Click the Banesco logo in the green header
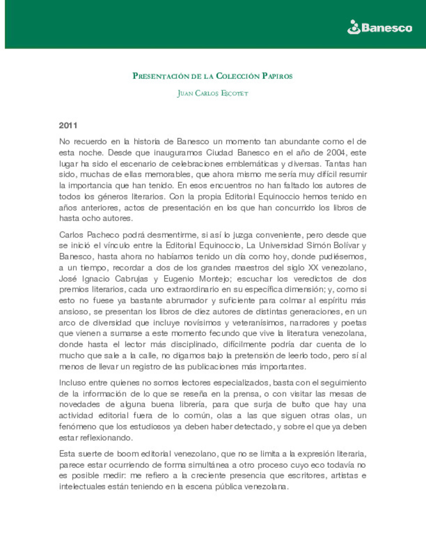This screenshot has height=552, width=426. click(379, 28)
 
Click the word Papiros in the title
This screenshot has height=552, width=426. click(277, 76)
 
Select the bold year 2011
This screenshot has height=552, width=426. click(68, 126)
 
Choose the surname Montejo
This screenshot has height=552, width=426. click(215, 279)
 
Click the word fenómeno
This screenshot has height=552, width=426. click(77, 426)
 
